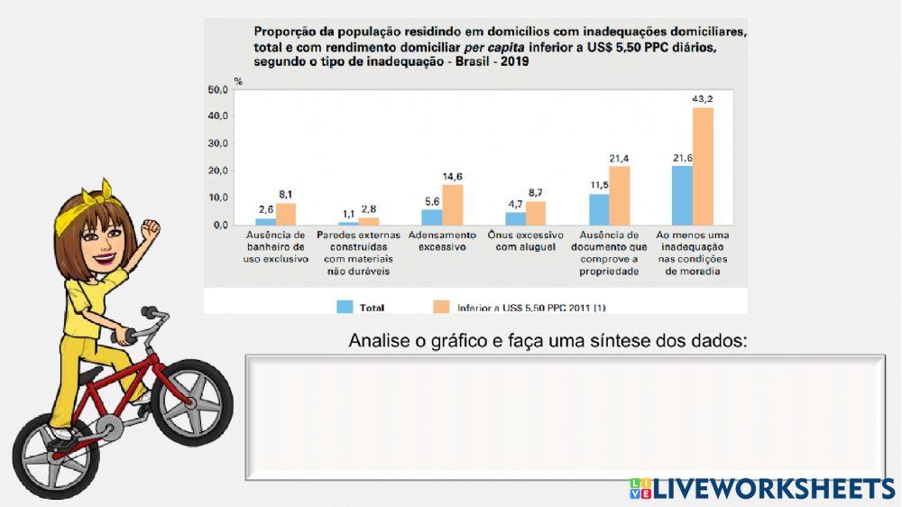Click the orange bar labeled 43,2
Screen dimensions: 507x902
coord(703,166)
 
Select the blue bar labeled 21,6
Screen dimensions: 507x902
coord(682,195)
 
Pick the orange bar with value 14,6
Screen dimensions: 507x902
coord(452,205)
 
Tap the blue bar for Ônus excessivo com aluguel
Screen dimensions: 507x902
coord(515,218)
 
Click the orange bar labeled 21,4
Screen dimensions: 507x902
coord(620,195)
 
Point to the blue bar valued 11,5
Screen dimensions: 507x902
coord(599,209)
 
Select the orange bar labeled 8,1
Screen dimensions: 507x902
coord(286,214)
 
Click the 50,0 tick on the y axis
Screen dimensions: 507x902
coord(217,89)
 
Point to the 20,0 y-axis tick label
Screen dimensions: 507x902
coord(217,171)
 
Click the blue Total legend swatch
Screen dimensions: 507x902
coord(345,307)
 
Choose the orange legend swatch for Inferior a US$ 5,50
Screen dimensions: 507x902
coord(441,307)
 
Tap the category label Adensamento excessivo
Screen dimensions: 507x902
coord(437,241)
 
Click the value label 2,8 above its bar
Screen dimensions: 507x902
coord(368,209)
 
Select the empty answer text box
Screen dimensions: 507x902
coord(565,417)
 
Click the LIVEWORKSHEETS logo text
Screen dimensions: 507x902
coord(773,489)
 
